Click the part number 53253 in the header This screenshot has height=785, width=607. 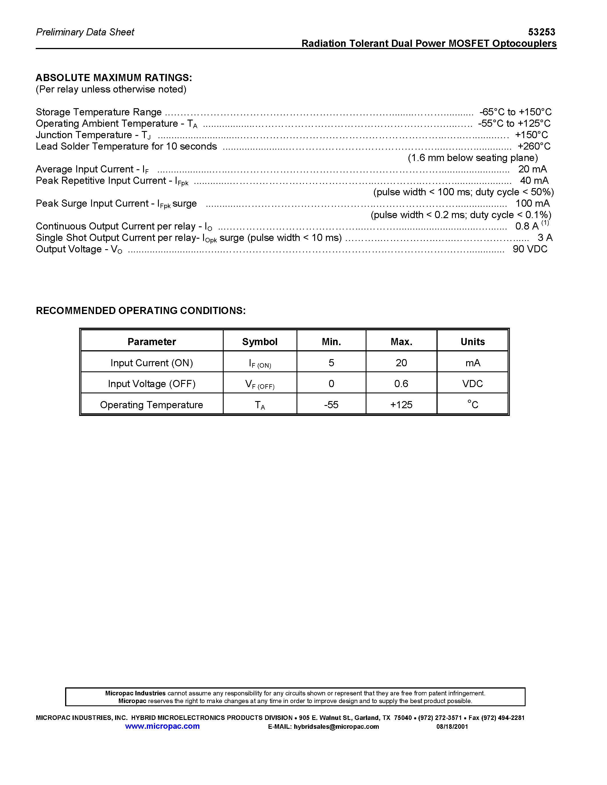pos(541,32)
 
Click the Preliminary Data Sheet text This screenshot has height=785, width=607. pos(85,32)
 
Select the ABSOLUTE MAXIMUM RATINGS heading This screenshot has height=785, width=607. pos(114,78)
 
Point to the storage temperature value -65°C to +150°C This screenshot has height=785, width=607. pos(515,112)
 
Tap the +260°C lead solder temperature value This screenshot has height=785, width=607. pos(534,146)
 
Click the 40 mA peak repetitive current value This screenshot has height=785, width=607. pos(534,180)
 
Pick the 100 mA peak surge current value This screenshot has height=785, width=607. pos(532,204)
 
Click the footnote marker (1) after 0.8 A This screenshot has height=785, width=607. pos(545,223)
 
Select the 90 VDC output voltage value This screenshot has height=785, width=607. pos(530,249)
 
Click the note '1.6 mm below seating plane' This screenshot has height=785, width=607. pos(472,158)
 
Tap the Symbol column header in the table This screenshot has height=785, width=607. pos(260,341)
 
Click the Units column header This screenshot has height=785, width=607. pos(472,341)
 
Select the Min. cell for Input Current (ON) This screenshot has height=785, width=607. pos(331,363)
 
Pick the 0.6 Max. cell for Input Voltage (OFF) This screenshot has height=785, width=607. pos(401,384)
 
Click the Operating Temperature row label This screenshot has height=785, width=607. pos(151,405)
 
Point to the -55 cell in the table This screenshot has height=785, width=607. pos(331,405)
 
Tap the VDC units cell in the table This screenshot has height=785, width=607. pos(472,384)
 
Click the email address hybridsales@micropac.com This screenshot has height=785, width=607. pos(336,726)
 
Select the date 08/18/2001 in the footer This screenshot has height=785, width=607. pos(452,726)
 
